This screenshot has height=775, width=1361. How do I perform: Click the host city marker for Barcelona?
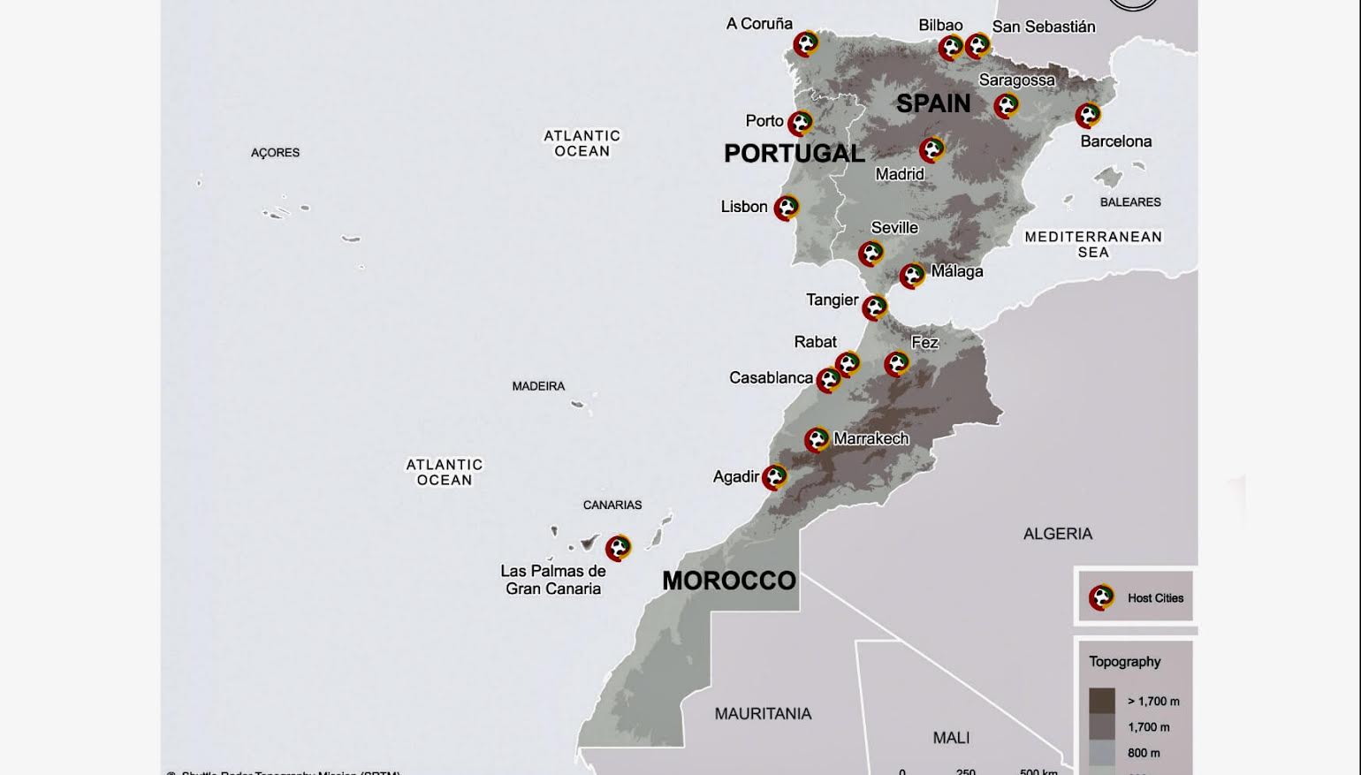pyautogui.click(x=1088, y=115)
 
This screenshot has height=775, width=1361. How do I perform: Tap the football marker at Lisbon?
pyautogui.click(x=786, y=208)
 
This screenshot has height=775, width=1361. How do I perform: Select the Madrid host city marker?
pyautogui.click(x=931, y=150)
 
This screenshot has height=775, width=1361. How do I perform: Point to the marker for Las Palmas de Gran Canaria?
pyautogui.click(x=618, y=548)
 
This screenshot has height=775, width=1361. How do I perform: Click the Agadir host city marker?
pyautogui.click(x=774, y=477)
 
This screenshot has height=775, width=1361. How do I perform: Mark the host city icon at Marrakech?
pyautogui.click(x=817, y=439)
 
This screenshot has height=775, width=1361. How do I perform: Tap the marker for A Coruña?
pyautogui.click(x=805, y=44)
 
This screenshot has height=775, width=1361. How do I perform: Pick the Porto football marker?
pyautogui.click(x=800, y=123)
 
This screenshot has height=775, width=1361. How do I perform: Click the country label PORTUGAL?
pyautogui.click(x=794, y=154)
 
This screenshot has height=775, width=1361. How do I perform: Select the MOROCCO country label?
pyautogui.click(x=729, y=581)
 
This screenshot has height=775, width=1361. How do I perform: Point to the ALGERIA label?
pyautogui.click(x=1057, y=534)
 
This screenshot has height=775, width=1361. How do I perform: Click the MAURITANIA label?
pyautogui.click(x=763, y=714)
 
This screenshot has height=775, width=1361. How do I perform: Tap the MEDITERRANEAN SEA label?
pyautogui.click(x=1093, y=244)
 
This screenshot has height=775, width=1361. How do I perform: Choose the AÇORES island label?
pyautogui.click(x=275, y=153)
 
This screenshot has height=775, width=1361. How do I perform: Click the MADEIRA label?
pyautogui.click(x=538, y=386)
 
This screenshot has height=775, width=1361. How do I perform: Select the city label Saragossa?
pyautogui.click(x=1016, y=80)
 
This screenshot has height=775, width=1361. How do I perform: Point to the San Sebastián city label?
pyautogui.click(x=1043, y=27)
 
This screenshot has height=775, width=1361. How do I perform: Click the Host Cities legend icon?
pyautogui.click(x=1101, y=597)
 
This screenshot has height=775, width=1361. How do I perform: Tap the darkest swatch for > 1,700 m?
pyautogui.click(x=1101, y=701)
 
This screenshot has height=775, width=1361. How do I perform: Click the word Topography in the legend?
pyautogui.click(x=1124, y=662)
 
